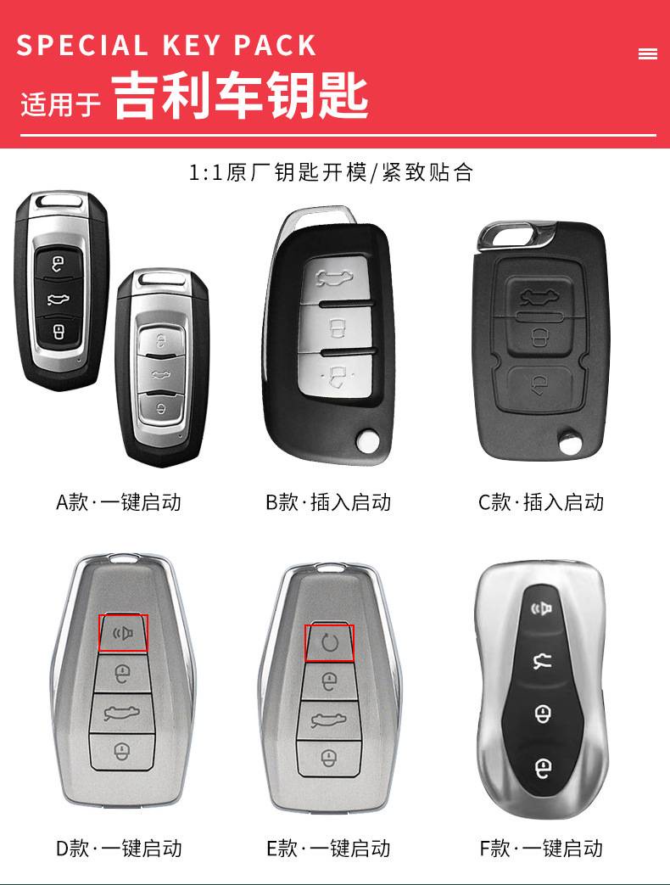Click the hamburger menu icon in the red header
(647, 54)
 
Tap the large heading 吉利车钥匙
(241, 96)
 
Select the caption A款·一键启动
(119, 502)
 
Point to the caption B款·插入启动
(328, 502)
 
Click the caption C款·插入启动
(540, 502)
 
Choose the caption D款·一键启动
(119, 848)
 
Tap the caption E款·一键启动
(328, 848)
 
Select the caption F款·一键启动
(540, 848)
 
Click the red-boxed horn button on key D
(123, 633)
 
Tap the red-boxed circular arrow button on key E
(329, 642)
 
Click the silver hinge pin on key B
(367, 440)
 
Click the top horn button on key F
(542, 608)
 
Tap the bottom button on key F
(543, 769)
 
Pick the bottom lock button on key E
(329, 756)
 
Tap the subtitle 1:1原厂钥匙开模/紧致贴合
(331, 173)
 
